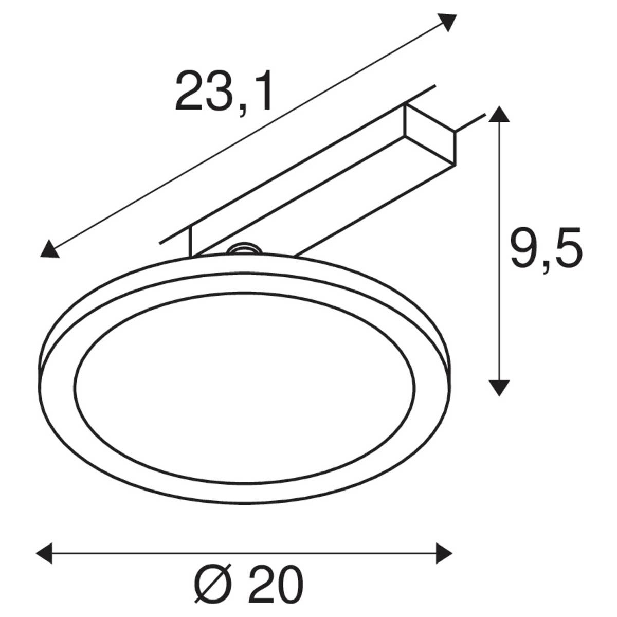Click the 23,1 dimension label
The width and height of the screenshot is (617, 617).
[224, 92]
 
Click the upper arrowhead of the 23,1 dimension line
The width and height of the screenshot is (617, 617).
[447, 22]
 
